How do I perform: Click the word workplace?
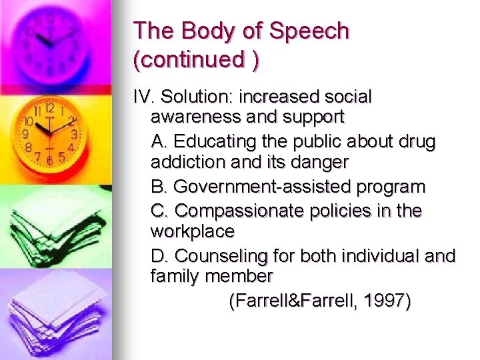point(193,232)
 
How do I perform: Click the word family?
point(172,277)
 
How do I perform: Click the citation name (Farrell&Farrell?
point(293,301)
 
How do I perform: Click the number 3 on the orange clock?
point(74,134)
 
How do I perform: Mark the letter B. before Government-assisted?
point(159,187)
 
